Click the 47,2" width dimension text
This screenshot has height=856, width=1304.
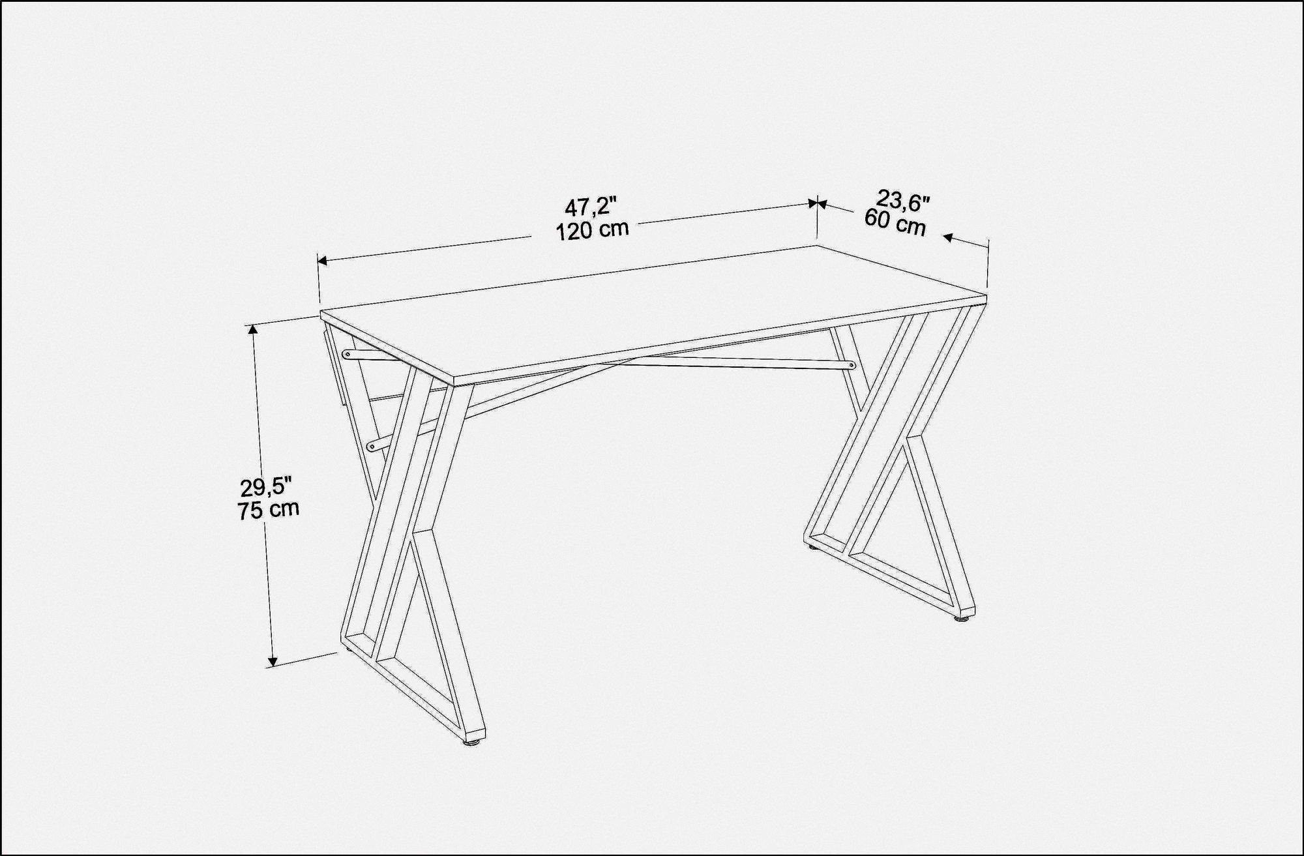tap(590, 207)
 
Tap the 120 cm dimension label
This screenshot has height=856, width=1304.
tap(592, 229)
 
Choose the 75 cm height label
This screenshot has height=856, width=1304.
tap(269, 509)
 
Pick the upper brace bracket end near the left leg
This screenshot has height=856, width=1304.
tap(348, 354)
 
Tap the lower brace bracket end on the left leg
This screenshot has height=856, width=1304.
tap(372, 447)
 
